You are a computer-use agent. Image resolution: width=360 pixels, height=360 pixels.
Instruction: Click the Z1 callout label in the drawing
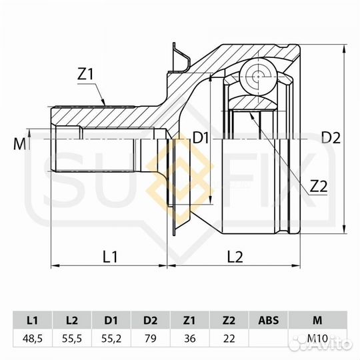85,74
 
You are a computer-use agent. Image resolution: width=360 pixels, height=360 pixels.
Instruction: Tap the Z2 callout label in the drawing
318,186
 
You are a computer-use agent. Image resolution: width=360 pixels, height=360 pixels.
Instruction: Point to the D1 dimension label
201,138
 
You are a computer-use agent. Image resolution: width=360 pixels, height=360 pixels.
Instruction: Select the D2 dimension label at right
331,138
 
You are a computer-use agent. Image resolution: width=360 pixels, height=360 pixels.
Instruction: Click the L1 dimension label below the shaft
110,257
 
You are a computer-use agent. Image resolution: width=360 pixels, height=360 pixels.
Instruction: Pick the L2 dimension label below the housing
235,257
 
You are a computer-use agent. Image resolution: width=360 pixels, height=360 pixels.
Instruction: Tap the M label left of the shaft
20,145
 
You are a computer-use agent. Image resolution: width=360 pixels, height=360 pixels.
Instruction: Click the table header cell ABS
269,320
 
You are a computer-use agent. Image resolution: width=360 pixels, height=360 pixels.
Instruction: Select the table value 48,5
33,339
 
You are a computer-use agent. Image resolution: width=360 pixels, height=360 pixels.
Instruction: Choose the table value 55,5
72,339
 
